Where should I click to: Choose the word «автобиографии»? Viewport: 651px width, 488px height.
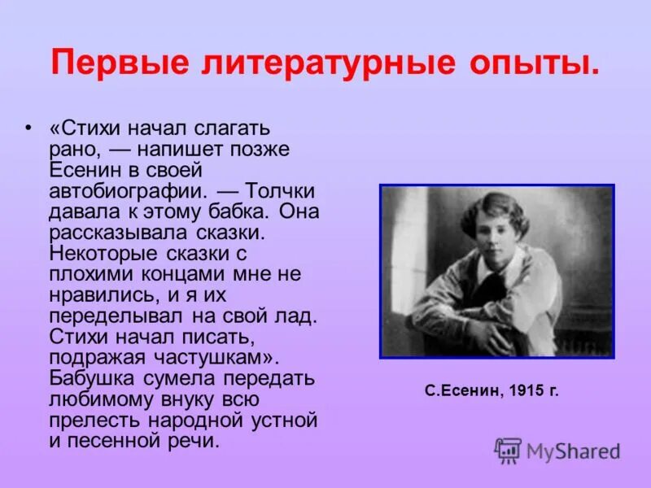click(x=128, y=192)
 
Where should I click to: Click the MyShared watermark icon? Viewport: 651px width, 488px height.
click(x=508, y=450)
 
